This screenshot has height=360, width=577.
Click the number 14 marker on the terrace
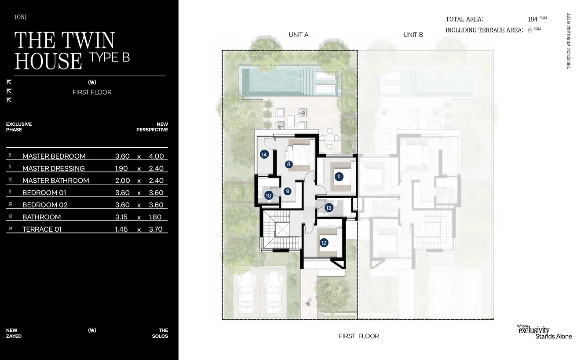point(264,154)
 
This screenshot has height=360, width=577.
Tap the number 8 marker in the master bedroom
point(288,164)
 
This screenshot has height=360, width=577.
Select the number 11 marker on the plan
point(339,177)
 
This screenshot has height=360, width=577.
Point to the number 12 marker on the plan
point(324,242)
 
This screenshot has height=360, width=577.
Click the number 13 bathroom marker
point(329,207)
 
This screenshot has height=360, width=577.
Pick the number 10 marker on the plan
point(268,196)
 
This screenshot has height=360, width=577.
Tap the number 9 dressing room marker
point(287,191)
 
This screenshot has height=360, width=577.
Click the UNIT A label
point(298,35)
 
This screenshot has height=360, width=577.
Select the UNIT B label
point(413,35)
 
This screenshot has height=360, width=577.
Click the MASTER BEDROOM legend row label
point(54,156)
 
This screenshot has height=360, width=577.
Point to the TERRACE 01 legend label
point(42,229)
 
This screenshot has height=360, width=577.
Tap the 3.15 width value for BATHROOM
point(122,217)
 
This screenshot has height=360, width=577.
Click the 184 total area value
point(533,19)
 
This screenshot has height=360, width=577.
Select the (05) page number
point(21,17)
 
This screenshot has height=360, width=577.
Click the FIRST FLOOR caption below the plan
point(358,336)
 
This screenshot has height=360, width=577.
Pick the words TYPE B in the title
point(109,57)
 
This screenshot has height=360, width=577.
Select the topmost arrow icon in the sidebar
point(9,82)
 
